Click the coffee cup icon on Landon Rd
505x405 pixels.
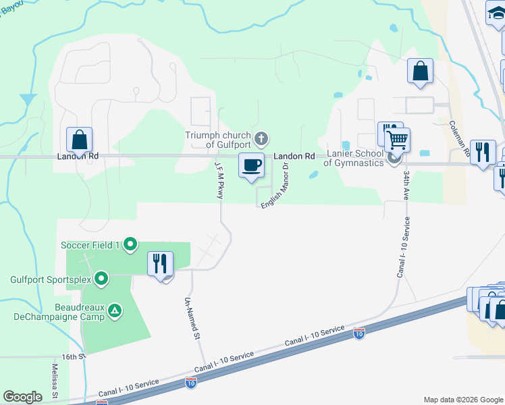coord(252,165)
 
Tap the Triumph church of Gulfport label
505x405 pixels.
coord(218,140)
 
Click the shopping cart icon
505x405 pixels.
coord(398,139)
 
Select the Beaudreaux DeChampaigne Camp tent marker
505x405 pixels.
coord(115,311)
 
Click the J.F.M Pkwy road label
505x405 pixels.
coord(219,178)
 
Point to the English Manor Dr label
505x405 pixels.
coord(277,186)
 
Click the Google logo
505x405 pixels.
coord(22,397)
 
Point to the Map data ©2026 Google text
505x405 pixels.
coord(462,400)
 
